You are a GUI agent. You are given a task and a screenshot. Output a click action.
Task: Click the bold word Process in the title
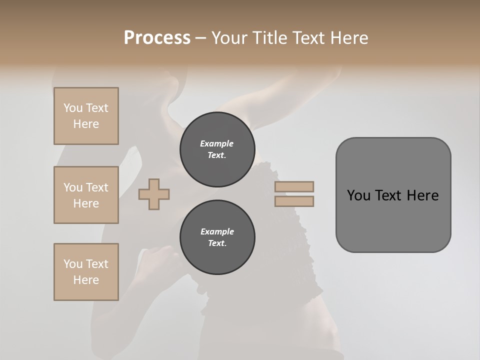(157, 38)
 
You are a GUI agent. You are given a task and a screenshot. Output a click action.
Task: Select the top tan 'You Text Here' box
(86, 116)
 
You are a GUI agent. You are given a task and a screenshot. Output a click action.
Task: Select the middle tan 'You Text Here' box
(86, 195)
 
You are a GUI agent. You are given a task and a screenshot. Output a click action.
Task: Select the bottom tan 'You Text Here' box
(86, 272)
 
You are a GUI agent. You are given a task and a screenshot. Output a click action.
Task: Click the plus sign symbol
(154, 194)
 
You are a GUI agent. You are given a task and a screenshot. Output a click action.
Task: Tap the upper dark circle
(217, 149)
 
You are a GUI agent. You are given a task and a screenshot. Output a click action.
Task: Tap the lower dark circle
(217, 237)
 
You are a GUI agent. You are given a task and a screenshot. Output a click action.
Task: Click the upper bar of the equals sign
(294, 186)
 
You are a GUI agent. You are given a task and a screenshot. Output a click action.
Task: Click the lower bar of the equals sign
(294, 201)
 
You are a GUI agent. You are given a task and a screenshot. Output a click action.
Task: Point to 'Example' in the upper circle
(217, 143)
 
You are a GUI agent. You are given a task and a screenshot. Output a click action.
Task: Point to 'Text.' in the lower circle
(217, 243)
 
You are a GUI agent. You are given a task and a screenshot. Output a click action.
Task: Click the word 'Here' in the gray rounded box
(423, 195)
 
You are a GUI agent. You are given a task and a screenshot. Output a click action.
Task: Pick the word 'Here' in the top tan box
(86, 124)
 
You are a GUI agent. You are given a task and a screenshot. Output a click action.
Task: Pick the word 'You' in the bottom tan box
(73, 264)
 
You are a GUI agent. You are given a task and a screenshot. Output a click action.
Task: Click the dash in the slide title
(200, 38)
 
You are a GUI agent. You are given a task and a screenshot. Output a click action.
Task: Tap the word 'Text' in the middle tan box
(97, 187)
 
